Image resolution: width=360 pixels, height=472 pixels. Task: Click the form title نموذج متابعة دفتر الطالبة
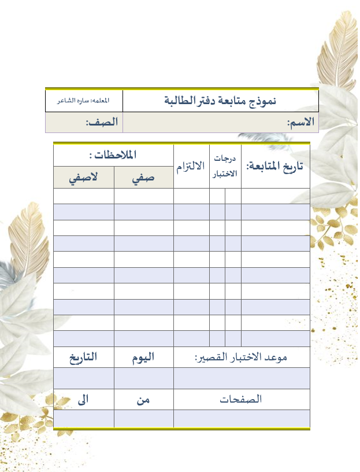click(x=221, y=101)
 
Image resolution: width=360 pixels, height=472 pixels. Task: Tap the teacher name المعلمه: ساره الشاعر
click(x=84, y=101)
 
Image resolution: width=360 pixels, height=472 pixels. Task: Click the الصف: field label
click(x=102, y=123)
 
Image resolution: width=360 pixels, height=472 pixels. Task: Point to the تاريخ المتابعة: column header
click(x=275, y=166)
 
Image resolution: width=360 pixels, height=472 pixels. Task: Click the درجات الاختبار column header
click(x=225, y=166)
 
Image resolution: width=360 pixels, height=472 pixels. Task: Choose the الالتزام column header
click(x=191, y=166)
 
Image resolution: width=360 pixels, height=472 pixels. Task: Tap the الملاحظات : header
click(x=113, y=155)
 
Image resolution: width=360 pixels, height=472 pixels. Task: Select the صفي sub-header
click(x=143, y=178)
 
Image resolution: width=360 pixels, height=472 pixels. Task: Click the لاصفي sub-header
click(x=84, y=178)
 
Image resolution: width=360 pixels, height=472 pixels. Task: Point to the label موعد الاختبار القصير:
click(x=241, y=357)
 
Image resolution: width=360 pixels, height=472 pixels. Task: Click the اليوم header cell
click(x=143, y=357)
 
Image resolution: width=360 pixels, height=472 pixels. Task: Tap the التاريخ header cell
click(x=84, y=357)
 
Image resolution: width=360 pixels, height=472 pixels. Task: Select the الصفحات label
click(x=241, y=399)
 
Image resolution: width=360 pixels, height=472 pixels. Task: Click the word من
click(x=143, y=399)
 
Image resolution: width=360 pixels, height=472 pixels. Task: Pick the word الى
click(x=84, y=399)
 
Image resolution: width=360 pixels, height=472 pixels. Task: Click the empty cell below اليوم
click(x=143, y=378)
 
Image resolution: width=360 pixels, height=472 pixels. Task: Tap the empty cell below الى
click(x=84, y=418)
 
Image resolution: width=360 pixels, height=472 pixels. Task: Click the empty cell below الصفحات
click(x=241, y=418)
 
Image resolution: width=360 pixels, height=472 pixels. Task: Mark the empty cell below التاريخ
click(x=84, y=378)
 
